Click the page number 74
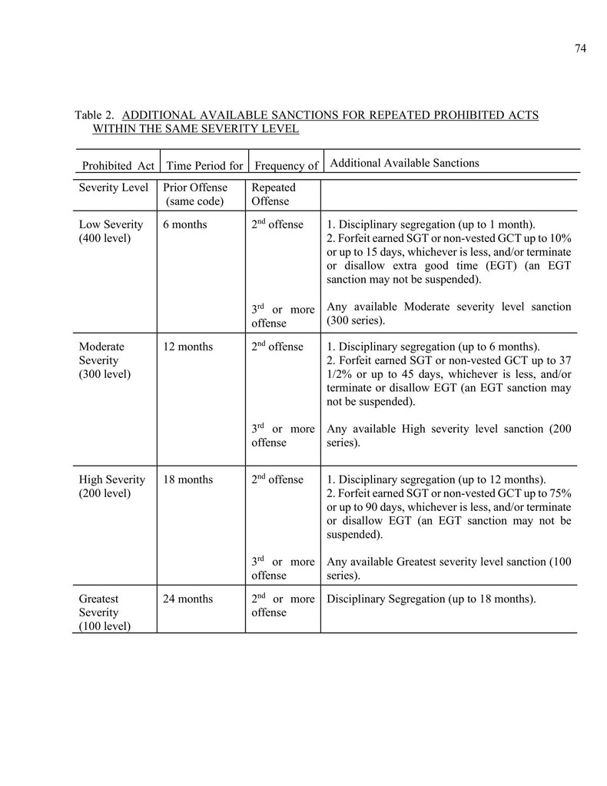click(580, 48)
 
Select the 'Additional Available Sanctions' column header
click(404, 163)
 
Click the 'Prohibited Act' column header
click(118, 165)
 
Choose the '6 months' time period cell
click(185, 224)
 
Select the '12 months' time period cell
click(188, 347)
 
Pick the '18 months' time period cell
click(188, 479)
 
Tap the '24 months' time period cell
click(188, 599)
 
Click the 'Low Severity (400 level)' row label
click(111, 231)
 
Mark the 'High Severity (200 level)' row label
click(112, 486)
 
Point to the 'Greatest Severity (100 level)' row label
click(104, 612)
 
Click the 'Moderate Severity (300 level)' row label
click(104, 360)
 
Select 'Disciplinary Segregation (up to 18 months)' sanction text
click(431, 599)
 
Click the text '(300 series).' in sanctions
click(356, 320)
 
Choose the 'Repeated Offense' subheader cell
click(273, 194)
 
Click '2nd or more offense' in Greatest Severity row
click(283, 605)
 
